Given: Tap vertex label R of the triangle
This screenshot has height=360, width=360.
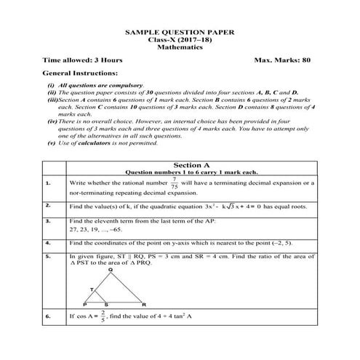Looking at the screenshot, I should (144, 304).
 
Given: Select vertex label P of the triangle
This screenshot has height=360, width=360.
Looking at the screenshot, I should (85, 304).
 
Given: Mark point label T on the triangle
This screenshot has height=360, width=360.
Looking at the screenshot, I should (92, 289).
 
